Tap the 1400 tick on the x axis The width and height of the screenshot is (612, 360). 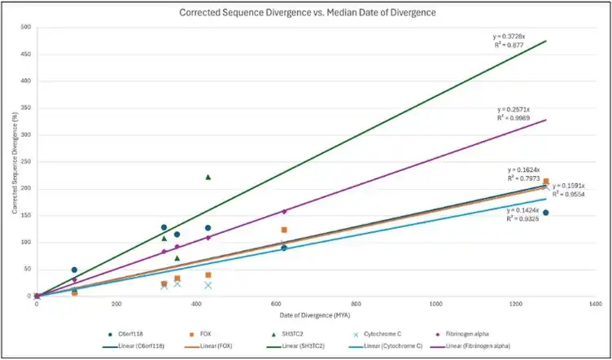pos(595,303)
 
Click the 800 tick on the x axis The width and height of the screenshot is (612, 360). pos(356,303)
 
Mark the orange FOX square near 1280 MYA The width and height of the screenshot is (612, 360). pos(546,182)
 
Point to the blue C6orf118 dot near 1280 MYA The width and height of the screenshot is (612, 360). pos(545,213)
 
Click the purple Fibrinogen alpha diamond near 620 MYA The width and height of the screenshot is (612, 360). pos(284,212)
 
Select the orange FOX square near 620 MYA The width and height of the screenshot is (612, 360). pos(284,230)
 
